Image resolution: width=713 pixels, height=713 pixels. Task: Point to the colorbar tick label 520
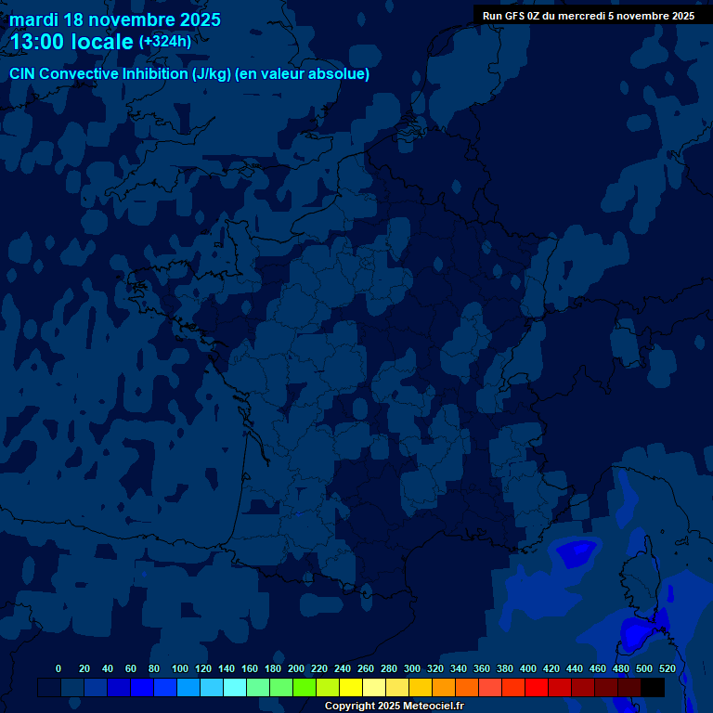(x=668, y=668)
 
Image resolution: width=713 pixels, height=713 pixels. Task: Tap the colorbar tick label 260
(x=366, y=668)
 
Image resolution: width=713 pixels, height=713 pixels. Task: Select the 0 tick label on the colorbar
(x=58, y=668)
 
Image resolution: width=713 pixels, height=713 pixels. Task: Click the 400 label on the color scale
(x=528, y=668)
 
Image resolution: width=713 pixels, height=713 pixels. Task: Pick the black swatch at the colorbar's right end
(x=653, y=687)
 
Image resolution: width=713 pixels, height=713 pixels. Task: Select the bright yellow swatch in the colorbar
(x=351, y=687)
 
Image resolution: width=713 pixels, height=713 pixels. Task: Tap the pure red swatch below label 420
(x=537, y=687)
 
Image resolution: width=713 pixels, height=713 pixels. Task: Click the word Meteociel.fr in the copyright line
(x=428, y=707)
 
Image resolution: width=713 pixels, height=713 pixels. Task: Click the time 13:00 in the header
(x=40, y=42)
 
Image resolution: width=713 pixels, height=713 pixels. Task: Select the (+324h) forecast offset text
(x=165, y=42)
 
